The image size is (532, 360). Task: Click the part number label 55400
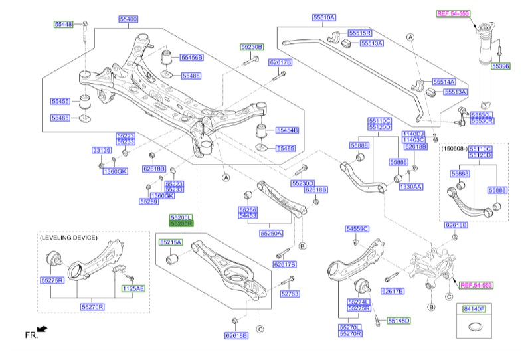point(128,19)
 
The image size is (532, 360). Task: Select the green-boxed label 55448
point(64,25)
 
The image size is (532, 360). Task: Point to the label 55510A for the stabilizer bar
point(325,17)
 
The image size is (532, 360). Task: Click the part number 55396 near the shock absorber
point(501,66)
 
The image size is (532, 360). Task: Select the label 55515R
point(361,32)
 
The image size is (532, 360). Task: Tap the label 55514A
point(444,81)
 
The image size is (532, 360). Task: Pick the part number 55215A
point(171,242)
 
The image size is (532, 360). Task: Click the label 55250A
point(271,233)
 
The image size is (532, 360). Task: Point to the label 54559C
point(357,229)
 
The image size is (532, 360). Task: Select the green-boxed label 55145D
point(399,320)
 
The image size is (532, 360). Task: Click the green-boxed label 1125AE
point(132,288)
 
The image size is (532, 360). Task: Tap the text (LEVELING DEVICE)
point(68,237)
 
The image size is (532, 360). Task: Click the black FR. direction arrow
point(43,329)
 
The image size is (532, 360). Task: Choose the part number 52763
point(290,293)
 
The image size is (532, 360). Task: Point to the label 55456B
point(192,58)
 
